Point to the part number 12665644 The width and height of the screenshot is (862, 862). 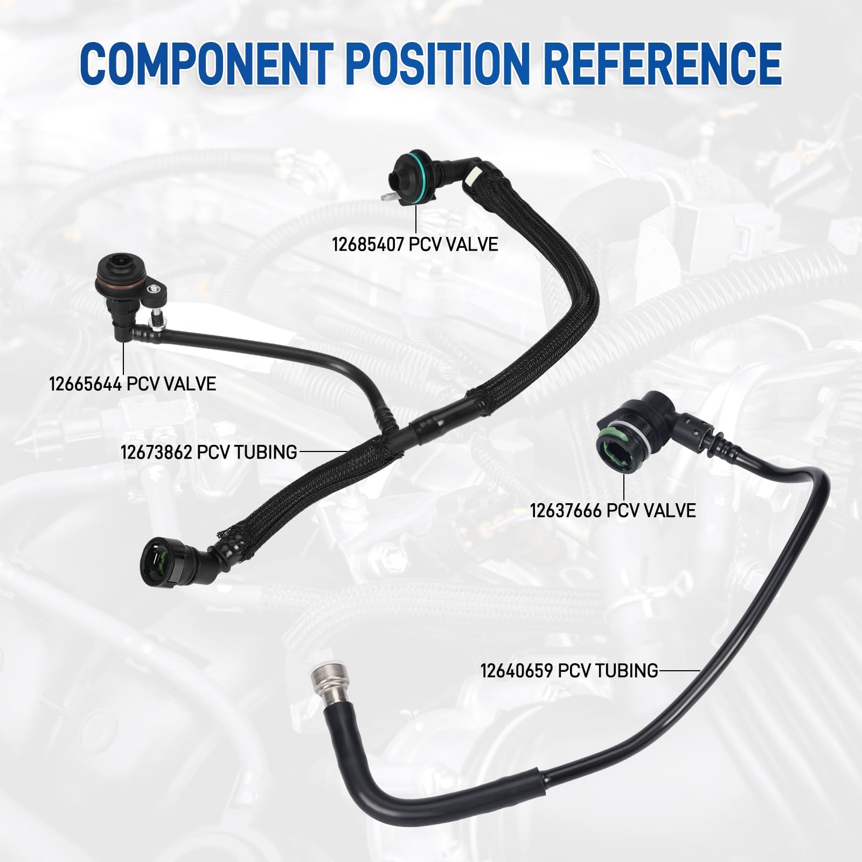[x=84, y=384]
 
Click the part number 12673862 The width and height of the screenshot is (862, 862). [x=156, y=451]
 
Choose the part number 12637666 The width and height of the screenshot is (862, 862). [x=565, y=510]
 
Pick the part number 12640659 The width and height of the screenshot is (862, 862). [x=516, y=671]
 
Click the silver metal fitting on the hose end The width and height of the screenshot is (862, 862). [x=325, y=683]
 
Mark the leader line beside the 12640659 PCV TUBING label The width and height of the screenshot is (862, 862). [x=679, y=671]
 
